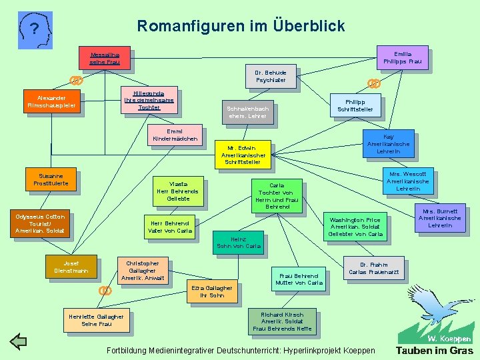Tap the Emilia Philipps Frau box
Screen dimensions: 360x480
402,57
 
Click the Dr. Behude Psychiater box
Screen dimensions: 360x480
270,76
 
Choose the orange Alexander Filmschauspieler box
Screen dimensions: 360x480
51,101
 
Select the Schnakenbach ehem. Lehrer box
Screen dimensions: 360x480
247,112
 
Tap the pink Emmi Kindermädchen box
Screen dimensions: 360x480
175,135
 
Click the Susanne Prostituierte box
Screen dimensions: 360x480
51,178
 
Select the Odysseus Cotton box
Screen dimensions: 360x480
40,223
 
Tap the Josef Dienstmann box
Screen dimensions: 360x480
71,267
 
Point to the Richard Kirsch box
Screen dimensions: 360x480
282,322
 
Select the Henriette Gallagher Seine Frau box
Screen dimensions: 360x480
97,320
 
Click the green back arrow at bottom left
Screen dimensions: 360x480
18,342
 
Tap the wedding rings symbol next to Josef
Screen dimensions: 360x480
105,290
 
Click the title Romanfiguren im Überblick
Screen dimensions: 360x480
241,26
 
